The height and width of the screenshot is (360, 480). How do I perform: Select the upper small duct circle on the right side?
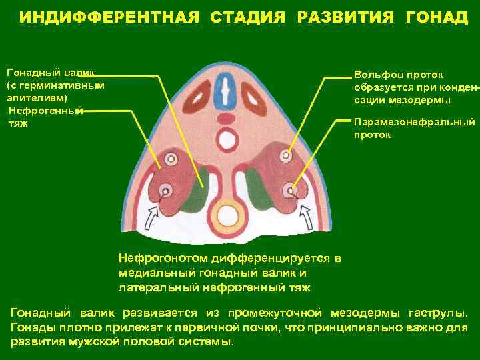286,155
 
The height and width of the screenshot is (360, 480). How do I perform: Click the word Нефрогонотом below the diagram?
163,257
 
